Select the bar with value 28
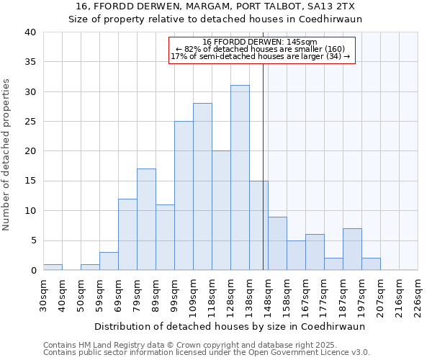[202, 186]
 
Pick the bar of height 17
[146, 220]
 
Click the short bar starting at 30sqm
[53, 267]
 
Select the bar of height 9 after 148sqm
[277, 243]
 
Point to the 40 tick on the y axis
[30, 32]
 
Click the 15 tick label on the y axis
[30, 181]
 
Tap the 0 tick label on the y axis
[33, 271]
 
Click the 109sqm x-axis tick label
[194, 294]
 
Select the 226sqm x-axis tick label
[418, 294]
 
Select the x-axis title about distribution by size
[240, 326]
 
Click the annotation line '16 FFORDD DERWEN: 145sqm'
[260, 42]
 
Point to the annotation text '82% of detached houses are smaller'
[260, 49]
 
